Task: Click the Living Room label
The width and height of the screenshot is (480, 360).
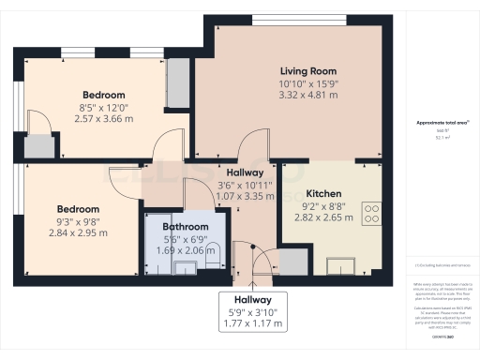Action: click(308, 71)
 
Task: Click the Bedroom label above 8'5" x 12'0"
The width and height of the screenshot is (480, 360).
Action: click(103, 95)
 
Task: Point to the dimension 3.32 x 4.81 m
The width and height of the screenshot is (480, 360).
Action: click(308, 96)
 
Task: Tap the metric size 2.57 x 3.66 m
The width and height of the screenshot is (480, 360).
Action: click(103, 119)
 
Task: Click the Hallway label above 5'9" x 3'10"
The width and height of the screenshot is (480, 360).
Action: click(252, 299)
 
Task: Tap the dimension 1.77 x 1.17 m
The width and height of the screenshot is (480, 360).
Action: click(252, 323)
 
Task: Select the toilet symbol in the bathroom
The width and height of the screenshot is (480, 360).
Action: click(215, 252)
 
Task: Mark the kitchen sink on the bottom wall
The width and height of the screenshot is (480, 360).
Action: click(340, 262)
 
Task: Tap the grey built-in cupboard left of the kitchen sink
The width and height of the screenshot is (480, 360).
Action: click(292, 260)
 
